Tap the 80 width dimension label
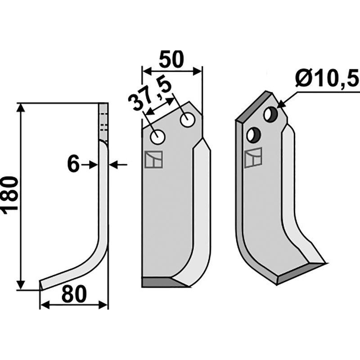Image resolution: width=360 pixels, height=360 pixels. (74, 294)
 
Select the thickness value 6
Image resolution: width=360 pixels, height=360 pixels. (73, 164)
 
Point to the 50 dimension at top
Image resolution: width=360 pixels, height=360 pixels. (171, 59)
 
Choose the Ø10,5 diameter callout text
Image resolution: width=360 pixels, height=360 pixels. (327, 78)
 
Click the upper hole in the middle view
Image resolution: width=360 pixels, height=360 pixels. (188, 120)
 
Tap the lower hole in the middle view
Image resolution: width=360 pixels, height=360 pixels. (157, 137)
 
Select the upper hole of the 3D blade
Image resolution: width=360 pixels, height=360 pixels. (271, 114)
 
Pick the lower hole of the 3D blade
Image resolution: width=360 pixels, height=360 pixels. (254, 135)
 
